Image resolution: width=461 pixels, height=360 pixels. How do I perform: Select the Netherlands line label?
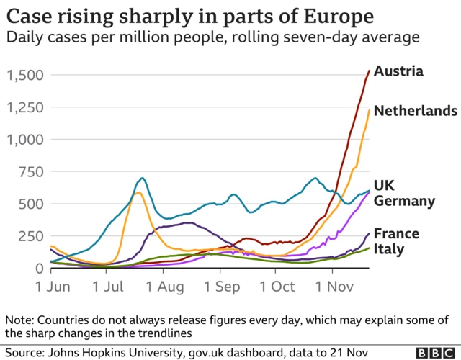pyautogui.click(x=415, y=111)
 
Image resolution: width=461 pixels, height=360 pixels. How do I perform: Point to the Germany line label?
pyautogui.click(x=405, y=201)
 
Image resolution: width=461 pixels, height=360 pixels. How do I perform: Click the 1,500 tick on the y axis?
pyautogui.click(x=25, y=76)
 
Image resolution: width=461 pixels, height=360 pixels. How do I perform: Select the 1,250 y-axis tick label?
pyautogui.click(x=25, y=108)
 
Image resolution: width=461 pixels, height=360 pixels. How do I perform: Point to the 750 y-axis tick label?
pyautogui.click(x=31, y=172)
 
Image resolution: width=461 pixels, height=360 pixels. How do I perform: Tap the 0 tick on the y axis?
pyautogui.click(x=40, y=269)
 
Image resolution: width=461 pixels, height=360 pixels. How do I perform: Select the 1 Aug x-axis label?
pyautogui.click(x=165, y=287)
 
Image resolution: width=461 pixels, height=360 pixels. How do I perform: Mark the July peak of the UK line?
pyautogui.click(x=142, y=178)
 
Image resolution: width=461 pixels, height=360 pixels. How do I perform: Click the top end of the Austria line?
pyautogui.click(x=370, y=71)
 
